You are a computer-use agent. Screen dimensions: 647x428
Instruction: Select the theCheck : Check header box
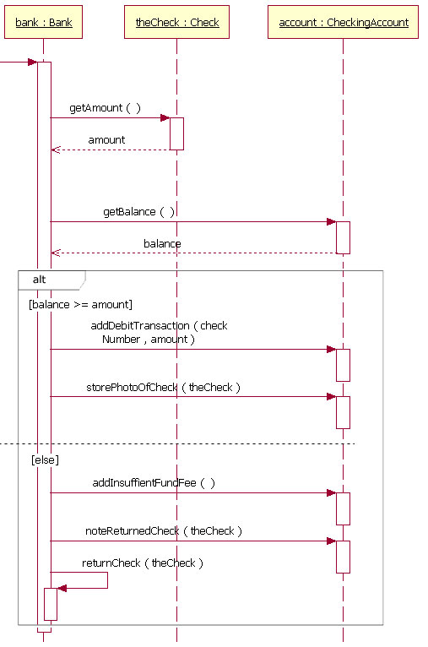point(176,23)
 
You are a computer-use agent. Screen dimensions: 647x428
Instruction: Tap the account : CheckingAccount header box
point(343,23)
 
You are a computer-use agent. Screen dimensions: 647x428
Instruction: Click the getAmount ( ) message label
point(105,109)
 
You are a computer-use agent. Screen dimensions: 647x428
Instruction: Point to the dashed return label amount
point(106,139)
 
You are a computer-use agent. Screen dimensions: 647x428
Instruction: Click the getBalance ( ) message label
point(138,212)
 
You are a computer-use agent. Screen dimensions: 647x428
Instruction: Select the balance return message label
point(162,243)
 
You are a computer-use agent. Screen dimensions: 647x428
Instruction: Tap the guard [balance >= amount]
point(80,304)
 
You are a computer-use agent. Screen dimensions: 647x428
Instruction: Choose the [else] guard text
point(45,459)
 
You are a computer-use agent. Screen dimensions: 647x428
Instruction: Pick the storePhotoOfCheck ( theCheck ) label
point(163,387)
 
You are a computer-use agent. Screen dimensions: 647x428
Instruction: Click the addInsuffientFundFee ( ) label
point(154,482)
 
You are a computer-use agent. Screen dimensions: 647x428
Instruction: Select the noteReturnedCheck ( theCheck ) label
point(164,530)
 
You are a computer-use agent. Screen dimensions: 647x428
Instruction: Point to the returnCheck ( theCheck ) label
point(142,563)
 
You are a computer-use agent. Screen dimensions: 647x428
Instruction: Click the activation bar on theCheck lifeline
point(176,133)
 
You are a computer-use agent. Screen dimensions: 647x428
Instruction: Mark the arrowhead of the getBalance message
point(332,222)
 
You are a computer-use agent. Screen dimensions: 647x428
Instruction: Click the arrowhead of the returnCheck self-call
point(62,588)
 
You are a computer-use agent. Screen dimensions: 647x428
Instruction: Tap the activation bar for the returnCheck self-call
point(51,603)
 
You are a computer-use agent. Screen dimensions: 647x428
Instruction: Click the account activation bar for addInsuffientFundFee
point(343,508)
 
